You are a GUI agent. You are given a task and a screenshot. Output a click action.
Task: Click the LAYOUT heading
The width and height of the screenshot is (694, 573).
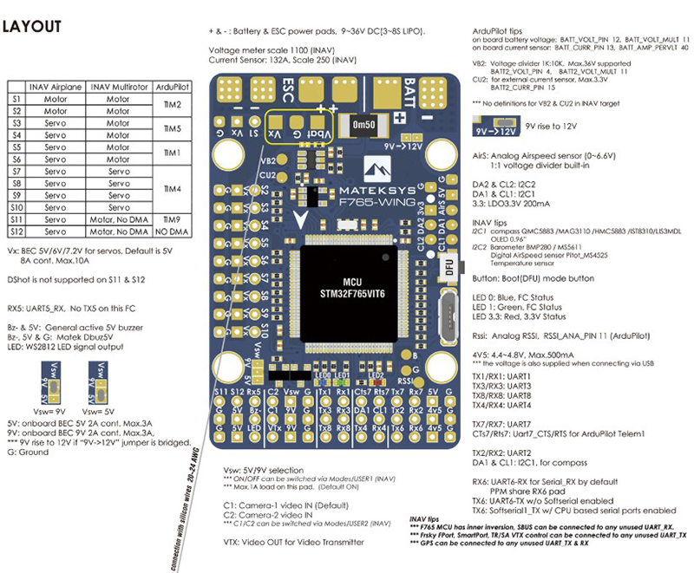(x=34, y=27)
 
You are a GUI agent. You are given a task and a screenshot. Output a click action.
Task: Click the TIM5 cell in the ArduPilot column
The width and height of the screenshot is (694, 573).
(x=172, y=129)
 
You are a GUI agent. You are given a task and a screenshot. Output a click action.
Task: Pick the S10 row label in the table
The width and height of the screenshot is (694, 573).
(x=16, y=208)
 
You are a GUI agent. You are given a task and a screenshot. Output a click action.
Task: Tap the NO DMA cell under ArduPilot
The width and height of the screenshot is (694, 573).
(x=172, y=232)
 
